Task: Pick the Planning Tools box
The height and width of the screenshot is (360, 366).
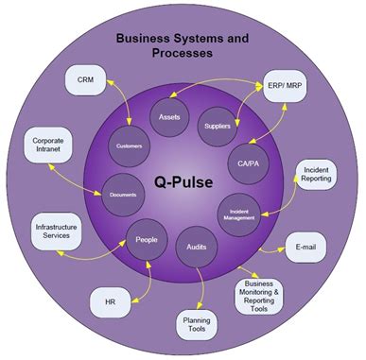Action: click(194, 326)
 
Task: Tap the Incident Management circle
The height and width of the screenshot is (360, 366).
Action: click(240, 210)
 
